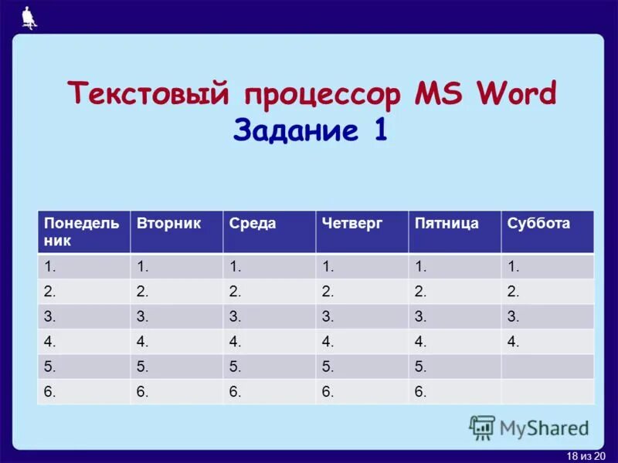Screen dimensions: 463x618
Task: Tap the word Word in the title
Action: pos(515,95)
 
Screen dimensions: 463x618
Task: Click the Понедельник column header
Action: pos(83,231)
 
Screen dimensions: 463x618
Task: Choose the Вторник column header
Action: pos(176,231)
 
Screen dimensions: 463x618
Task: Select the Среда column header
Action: pos(269,231)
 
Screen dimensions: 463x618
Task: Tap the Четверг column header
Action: pos(362,231)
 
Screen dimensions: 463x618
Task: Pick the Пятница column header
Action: pos(454,231)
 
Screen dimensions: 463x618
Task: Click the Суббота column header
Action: pos(547,231)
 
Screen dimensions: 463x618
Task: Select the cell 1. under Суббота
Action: pos(547,266)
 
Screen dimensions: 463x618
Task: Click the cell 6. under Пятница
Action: pos(454,391)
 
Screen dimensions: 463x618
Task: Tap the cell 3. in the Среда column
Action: pos(269,316)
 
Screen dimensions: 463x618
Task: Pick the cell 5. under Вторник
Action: pos(176,367)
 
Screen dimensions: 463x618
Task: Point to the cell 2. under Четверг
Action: pos(362,291)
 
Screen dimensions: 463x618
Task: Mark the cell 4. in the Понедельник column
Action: pos(83,341)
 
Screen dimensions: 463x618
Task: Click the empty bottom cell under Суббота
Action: pos(547,391)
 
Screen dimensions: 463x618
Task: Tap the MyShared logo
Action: pos(529,428)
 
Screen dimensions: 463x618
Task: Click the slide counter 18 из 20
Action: pos(586,456)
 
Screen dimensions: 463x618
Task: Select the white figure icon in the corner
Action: pos(29,18)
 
